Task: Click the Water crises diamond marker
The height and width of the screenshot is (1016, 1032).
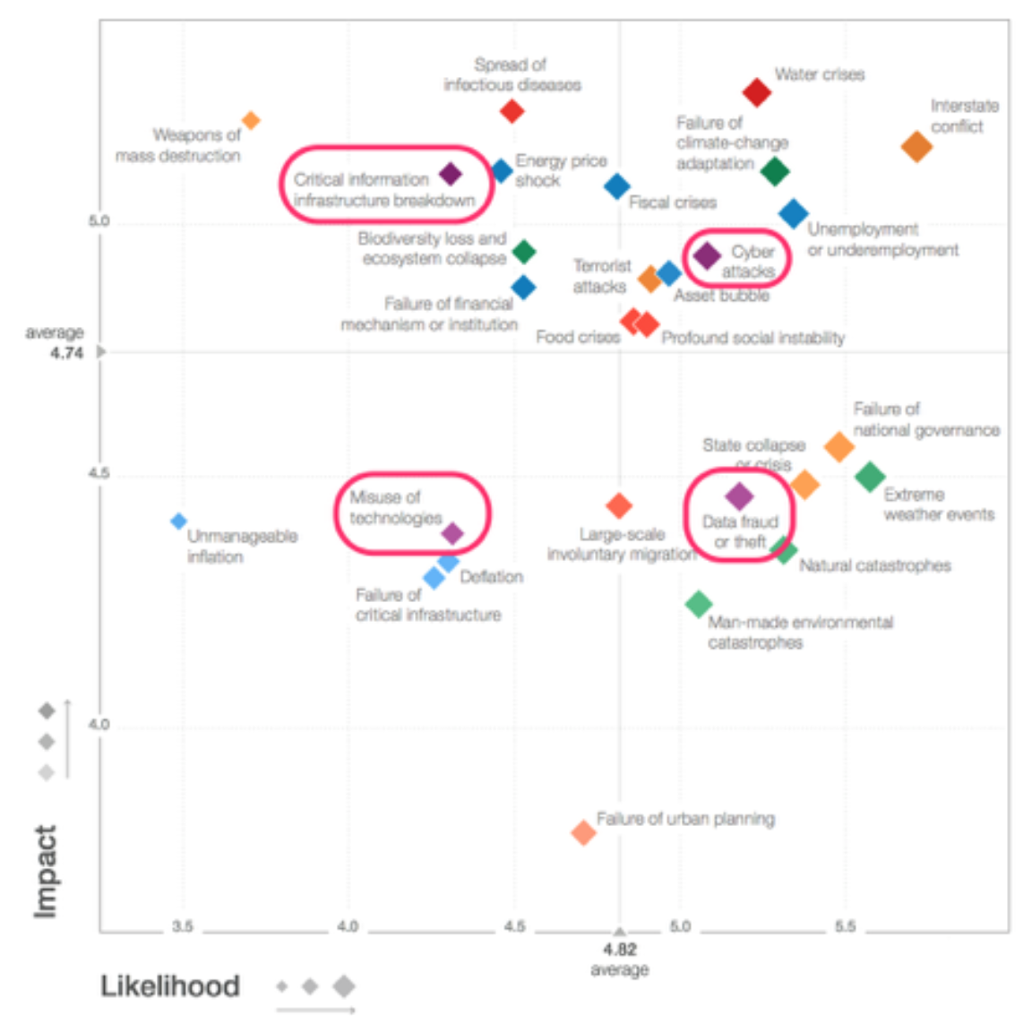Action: point(757,91)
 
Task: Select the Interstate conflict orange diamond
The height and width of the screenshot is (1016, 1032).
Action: point(916,146)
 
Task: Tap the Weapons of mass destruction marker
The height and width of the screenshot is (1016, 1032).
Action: point(252,120)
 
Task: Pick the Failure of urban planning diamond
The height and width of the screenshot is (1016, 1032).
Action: point(583,833)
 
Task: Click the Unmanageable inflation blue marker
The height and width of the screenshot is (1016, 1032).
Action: point(179,521)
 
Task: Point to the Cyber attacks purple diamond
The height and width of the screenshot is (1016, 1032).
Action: point(707,256)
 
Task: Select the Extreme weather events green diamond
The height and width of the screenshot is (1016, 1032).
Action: point(870,477)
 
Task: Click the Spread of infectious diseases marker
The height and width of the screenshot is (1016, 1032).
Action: point(512,111)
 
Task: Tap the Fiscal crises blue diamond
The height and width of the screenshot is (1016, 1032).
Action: point(616,186)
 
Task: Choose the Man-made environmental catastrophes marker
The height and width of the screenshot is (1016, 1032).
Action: point(698,604)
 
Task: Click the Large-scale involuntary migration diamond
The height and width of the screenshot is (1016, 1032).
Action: point(618,506)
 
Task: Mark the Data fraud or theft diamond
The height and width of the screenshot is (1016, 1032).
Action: point(739,496)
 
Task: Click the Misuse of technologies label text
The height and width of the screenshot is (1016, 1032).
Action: point(395,508)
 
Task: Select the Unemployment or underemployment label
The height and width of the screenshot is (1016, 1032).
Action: point(882,239)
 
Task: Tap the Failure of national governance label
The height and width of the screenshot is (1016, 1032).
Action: point(925,419)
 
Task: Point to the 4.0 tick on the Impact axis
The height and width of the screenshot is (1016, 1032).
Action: point(99,724)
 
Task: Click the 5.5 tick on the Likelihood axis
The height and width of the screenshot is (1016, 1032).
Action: point(845,926)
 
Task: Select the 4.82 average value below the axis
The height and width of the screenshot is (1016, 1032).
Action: point(619,950)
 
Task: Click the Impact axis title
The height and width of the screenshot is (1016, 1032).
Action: point(45,871)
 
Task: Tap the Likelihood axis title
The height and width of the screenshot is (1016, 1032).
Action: point(170,986)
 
